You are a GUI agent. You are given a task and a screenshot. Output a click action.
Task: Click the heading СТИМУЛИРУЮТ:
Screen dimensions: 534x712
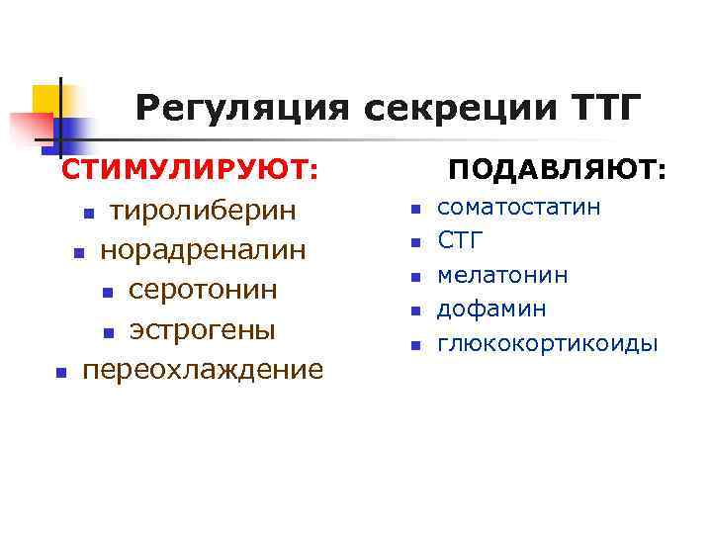coord(190,170)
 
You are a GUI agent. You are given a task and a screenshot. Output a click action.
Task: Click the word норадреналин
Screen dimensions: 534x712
coord(203,251)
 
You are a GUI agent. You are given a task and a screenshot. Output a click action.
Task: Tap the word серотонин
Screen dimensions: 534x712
coord(203,291)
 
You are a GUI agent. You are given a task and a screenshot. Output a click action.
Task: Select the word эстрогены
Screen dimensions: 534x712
coord(203,329)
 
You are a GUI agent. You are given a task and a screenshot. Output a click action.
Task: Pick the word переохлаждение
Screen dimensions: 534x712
coord(203,370)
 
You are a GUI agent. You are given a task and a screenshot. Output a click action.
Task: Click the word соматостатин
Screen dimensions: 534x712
coord(518,208)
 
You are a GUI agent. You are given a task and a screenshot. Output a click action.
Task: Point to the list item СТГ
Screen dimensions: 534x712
coord(461,241)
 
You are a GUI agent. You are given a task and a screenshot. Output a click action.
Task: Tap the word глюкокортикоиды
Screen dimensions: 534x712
coord(547,344)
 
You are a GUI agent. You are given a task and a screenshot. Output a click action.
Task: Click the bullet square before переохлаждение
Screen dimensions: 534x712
coord(60,373)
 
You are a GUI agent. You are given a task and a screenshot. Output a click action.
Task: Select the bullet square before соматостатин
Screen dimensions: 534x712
coord(415,210)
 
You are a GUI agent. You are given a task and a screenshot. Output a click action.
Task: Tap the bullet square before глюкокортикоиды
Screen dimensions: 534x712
coord(415,346)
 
